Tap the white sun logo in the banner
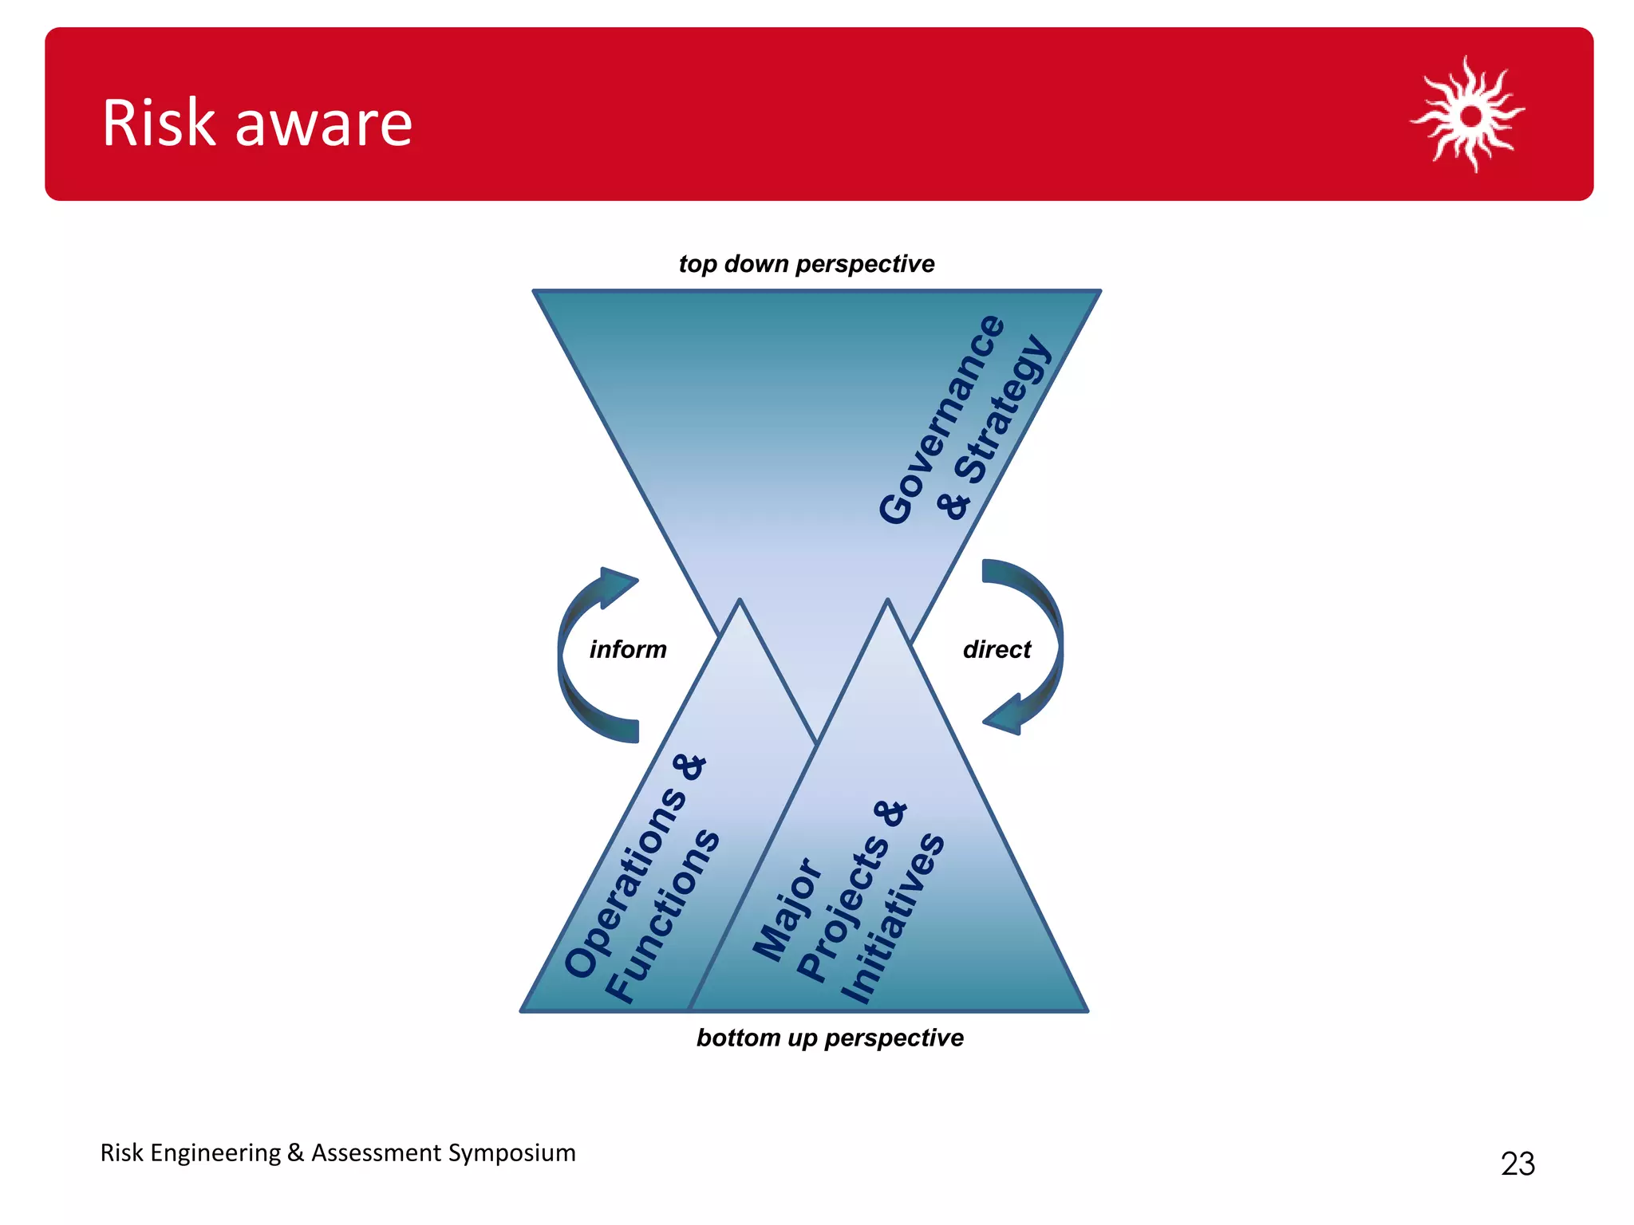point(1469,116)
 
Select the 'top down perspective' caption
point(806,264)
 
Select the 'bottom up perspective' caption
point(830,1038)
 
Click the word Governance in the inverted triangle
point(942,419)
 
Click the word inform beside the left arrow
point(628,649)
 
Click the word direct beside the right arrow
point(997,649)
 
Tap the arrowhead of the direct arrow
point(1004,715)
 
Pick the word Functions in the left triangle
point(662,915)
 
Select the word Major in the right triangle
point(787,909)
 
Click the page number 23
point(1518,1164)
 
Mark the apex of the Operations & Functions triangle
point(740,601)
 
